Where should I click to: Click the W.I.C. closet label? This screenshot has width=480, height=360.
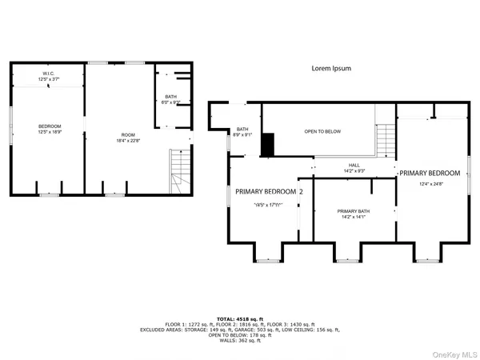click(49, 73)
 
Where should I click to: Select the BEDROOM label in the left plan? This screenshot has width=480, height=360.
click(50, 126)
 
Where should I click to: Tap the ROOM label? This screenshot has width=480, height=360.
click(129, 134)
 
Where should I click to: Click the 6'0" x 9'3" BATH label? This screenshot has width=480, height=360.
click(171, 97)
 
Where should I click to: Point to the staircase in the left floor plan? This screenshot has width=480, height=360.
click(180, 171)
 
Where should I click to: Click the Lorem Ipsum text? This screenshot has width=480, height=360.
click(331, 69)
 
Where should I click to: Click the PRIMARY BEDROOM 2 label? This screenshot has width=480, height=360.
click(268, 192)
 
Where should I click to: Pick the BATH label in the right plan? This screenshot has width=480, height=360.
click(242, 130)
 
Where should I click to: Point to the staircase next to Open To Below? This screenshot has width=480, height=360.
click(386, 142)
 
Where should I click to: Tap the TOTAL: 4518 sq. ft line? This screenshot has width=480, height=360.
click(240, 318)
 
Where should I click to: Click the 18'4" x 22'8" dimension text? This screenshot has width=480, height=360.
click(129, 140)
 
